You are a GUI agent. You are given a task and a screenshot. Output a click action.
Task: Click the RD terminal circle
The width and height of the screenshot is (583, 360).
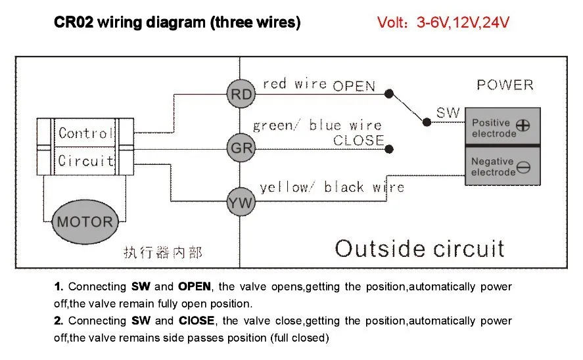241,94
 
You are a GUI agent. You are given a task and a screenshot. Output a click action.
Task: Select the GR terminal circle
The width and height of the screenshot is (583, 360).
241,148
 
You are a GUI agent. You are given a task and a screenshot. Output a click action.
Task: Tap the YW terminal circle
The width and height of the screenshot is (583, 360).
241,202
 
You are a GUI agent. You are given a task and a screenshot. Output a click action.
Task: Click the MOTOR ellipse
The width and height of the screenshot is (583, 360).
85,222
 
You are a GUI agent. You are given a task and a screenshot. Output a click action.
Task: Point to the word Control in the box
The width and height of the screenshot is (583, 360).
85,133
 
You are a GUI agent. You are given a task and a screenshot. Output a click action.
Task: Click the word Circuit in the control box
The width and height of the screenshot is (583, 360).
86,160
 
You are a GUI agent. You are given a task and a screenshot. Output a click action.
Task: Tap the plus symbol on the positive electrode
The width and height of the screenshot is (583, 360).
523,125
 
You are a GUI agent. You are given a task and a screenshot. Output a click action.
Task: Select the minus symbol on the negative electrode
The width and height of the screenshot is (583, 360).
523,168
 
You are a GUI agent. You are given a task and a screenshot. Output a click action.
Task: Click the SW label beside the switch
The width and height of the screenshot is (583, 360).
448,112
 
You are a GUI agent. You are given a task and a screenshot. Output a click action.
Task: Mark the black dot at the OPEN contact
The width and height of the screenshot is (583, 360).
389,94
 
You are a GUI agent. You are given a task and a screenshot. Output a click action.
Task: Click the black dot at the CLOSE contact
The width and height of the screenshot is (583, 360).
389,149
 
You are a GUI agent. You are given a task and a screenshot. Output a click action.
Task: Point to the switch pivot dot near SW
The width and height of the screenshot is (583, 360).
427,122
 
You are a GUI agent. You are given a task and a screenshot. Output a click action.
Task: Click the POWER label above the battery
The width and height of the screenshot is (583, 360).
505,85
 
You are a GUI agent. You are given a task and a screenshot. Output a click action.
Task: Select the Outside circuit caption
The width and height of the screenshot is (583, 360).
419,248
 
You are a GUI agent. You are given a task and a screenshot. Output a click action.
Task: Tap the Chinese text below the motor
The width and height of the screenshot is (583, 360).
163,253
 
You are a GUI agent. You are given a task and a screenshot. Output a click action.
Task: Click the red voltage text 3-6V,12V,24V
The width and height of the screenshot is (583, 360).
463,22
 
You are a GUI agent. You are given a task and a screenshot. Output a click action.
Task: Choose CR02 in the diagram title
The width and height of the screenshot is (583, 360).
74,22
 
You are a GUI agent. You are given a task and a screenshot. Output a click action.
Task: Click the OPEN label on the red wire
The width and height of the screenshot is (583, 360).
354,86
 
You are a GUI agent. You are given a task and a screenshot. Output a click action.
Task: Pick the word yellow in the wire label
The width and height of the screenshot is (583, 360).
284,188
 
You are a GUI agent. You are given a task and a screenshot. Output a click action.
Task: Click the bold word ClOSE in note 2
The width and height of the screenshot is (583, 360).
197,321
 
